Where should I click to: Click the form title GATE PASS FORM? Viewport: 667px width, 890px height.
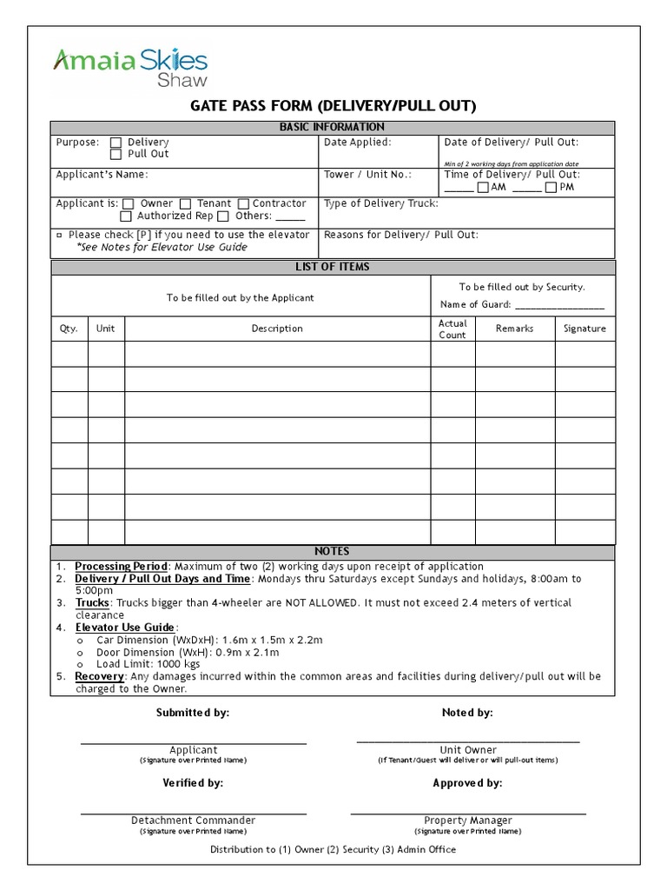pyautogui.click(x=333, y=106)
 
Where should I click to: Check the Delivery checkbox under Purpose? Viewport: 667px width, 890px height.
pyautogui.click(x=116, y=143)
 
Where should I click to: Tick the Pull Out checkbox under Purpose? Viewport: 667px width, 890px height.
pyautogui.click(x=116, y=155)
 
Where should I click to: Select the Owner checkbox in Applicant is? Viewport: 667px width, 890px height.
pyautogui.click(x=129, y=204)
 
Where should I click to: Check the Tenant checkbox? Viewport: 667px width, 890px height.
pyautogui.click(x=185, y=204)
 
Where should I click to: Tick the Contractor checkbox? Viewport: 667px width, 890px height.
pyautogui.click(x=243, y=204)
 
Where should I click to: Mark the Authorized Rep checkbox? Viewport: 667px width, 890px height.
pyautogui.click(x=126, y=216)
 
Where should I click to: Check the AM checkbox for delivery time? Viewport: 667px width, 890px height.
pyautogui.click(x=483, y=188)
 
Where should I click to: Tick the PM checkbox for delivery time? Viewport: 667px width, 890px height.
pyautogui.click(x=551, y=188)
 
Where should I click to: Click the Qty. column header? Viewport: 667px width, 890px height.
pyautogui.click(x=69, y=329)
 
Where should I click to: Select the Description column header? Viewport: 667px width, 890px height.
pyautogui.click(x=277, y=329)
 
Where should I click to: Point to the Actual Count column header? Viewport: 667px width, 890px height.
pyautogui.click(x=452, y=329)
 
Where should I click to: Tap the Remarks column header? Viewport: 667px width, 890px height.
pyautogui.click(x=514, y=329)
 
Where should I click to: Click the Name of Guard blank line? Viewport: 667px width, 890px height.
pyautogui.click(x=559, y=307)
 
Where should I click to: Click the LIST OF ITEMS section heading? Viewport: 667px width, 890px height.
pyautogui.click(x=333, y=267)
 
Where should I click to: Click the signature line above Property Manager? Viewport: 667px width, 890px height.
pyautogui.click(x=467, y=812)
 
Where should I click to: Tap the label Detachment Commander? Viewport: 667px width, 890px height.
pyautogui.click(x=193, y=820)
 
